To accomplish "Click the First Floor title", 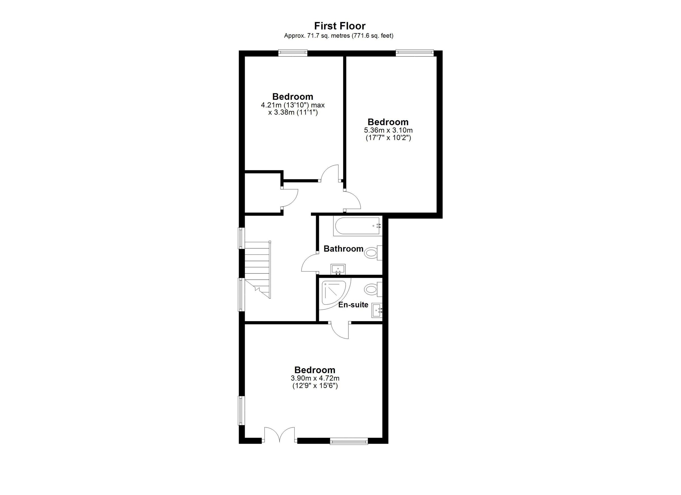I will pos(340,26).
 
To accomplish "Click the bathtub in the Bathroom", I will pos(357,226).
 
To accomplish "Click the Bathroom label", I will pos(343,249).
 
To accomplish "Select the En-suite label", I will pos(353,305).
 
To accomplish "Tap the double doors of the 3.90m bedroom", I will pos(279,435).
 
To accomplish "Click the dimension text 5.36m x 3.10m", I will pos(388,130).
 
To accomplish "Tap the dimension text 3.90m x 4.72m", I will pos(315,378).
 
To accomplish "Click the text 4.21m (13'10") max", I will pos(293,105).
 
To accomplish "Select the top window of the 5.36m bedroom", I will pos(414,53).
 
